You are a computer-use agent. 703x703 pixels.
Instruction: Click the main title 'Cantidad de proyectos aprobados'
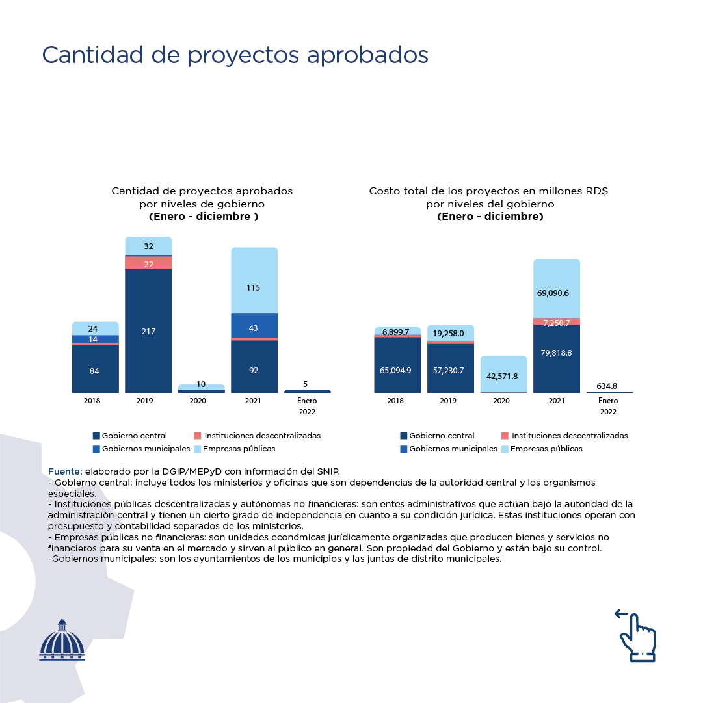(x=235, y=55)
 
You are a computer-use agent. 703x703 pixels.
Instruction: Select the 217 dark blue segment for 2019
(x=148, y=331)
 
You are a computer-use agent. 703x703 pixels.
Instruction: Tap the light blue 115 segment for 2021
(x=254, y=287)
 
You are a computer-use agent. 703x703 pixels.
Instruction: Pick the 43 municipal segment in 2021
(x=254, y=327)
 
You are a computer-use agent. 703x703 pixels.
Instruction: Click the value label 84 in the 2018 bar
(x=95, y=371)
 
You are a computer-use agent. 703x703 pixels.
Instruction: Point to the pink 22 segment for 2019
(x=148, y=263)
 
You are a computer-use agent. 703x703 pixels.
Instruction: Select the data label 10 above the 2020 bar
(x=201, y=384)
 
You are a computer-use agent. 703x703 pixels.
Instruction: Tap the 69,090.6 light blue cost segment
(x=553, y=293)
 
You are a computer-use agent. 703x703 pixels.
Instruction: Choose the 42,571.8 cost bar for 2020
(x=503, y=375)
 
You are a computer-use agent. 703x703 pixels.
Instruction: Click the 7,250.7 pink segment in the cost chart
(x=556, y=322)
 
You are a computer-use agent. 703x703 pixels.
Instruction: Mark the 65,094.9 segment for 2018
(x=395, y=370)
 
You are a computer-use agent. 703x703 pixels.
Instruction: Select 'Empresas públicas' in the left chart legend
(x=239, y=449)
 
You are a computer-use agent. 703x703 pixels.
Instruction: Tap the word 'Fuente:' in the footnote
(x=65, y=471)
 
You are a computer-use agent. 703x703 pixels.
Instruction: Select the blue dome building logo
(x=62, y=640)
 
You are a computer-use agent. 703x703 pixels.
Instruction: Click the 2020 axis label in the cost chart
(x=501, y=401)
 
